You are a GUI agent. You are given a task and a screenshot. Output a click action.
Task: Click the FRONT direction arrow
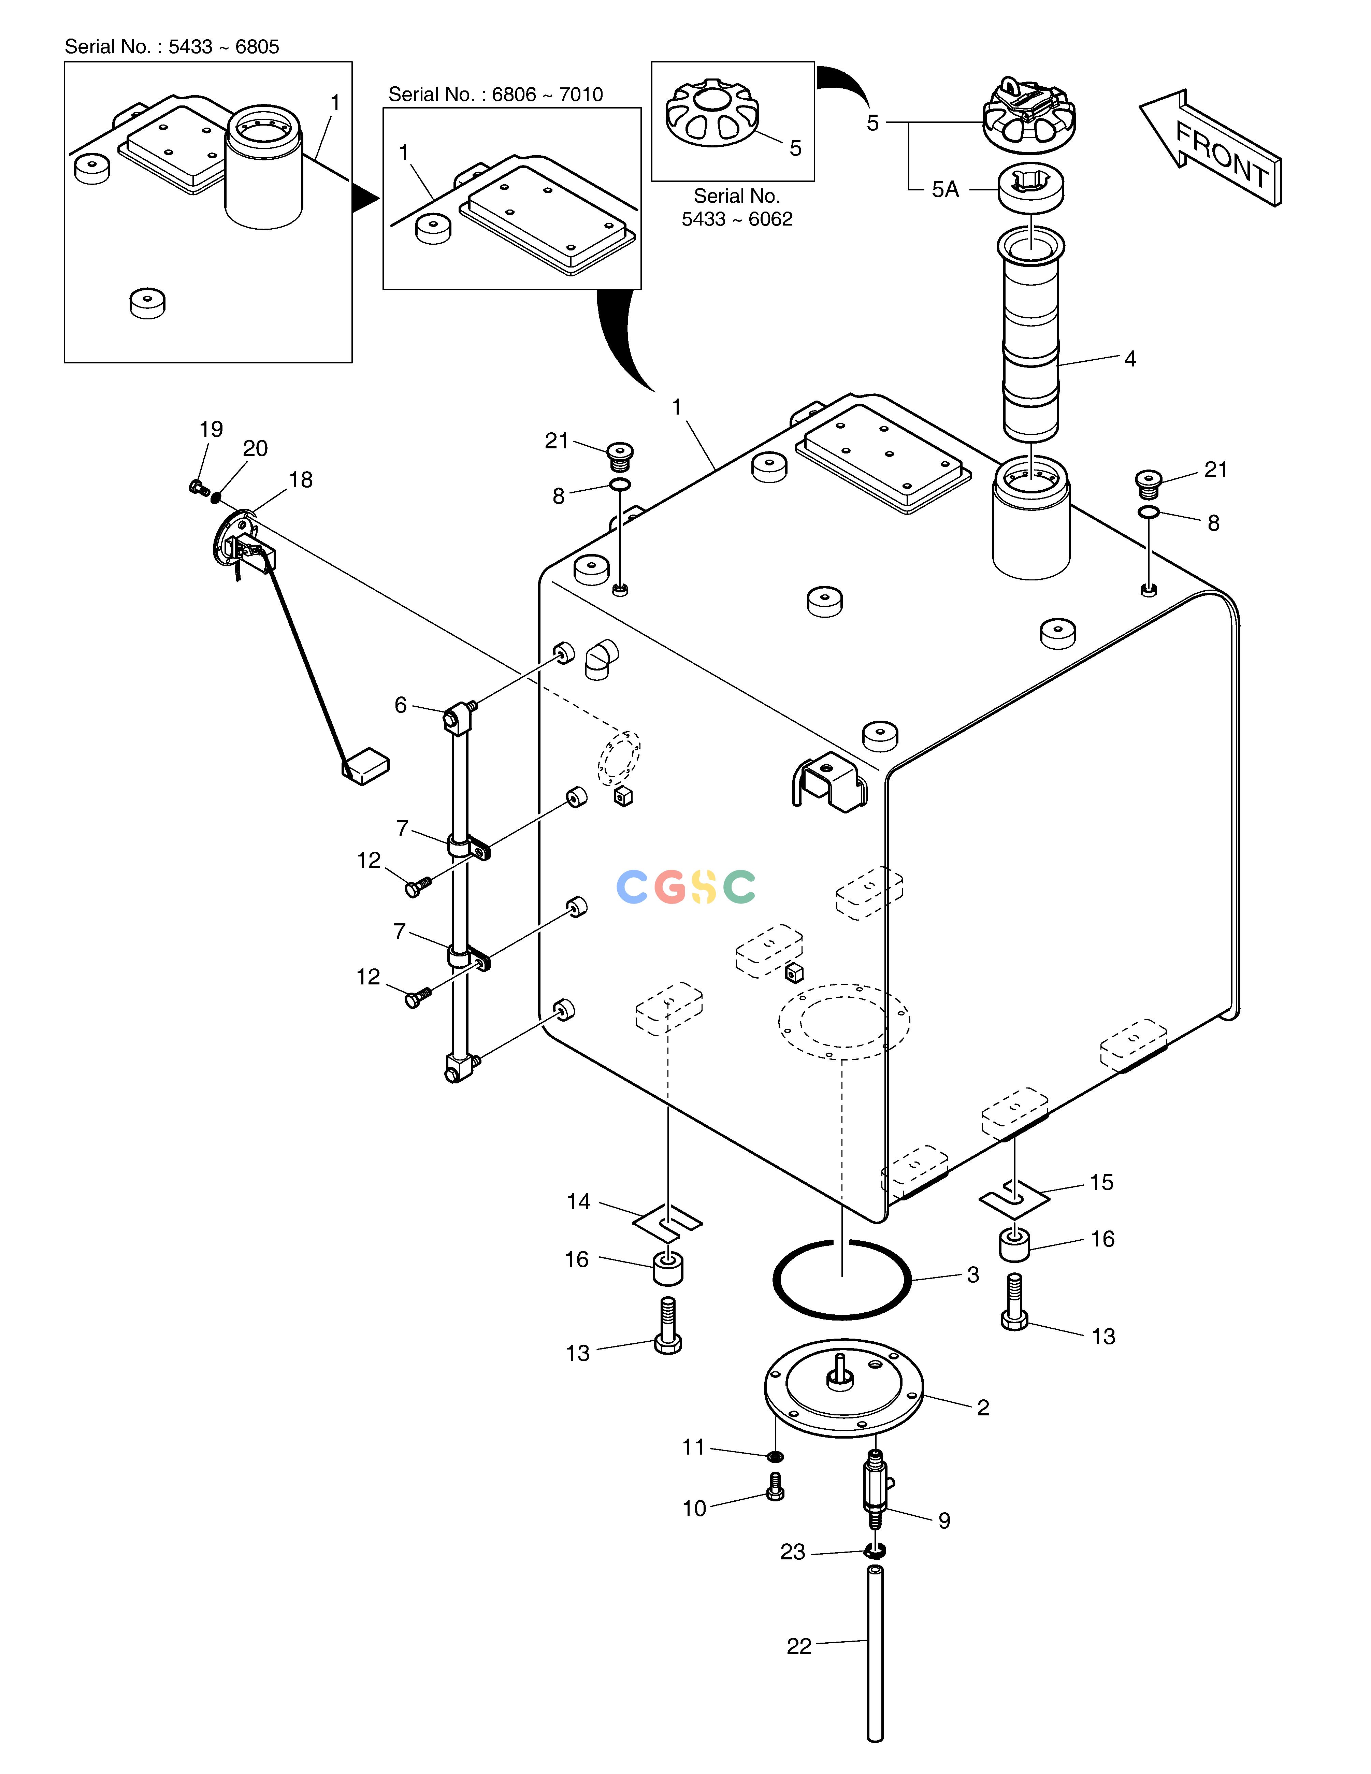1210,148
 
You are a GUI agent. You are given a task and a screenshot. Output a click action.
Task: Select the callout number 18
301,480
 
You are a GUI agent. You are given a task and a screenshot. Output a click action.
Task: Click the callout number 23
793,1552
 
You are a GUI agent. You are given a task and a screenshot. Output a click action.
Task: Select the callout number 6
401,705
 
